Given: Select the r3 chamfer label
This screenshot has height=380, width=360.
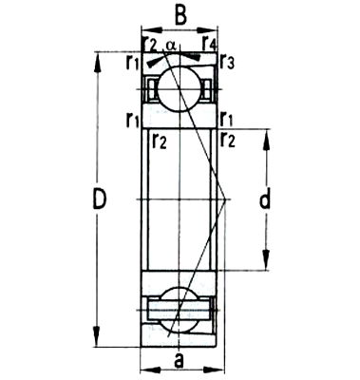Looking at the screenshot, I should coord(228,64).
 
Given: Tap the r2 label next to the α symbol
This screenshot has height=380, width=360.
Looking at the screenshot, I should coord(148,44).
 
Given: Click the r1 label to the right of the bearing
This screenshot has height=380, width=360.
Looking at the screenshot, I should coord(227,119).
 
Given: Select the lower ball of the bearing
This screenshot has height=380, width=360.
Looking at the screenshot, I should coord(178,308).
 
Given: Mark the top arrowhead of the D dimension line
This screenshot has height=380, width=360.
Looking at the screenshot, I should coord(97,56).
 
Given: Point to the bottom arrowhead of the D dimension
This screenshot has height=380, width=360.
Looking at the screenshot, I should coord(97,342).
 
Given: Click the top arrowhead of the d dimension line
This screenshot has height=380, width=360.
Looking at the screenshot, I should coord(266,133).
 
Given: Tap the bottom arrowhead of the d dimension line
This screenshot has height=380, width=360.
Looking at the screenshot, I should coord(266,265).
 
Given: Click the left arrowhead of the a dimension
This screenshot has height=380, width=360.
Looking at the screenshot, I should coord(145,370).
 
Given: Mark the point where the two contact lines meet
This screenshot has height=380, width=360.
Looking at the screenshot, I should coord(222,199).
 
